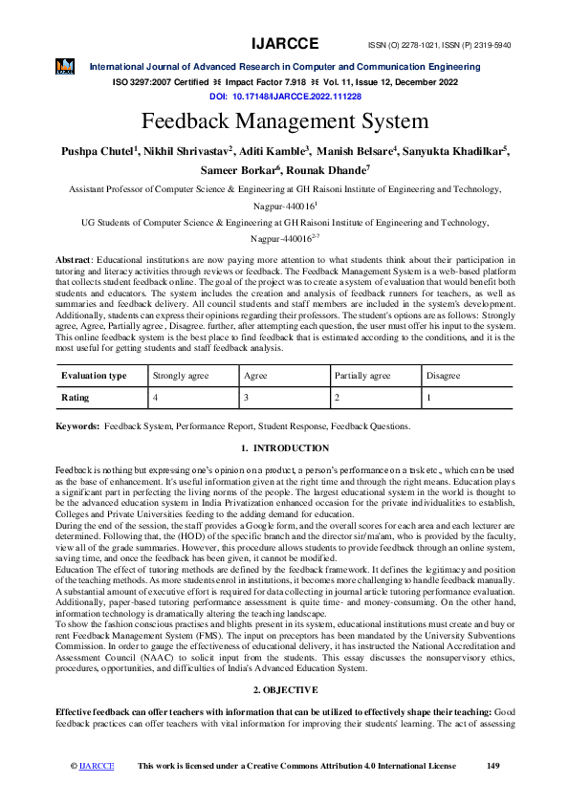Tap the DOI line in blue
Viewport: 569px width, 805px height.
tap(285, 98)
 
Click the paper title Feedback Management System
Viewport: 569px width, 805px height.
tap(285, 122)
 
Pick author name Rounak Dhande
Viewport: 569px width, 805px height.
tap(328, 170)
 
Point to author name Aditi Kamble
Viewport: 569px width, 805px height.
tap(275, 151)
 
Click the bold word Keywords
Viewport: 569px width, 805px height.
tap(77, 425)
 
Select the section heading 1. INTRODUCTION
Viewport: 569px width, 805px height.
tap(285, 448)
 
